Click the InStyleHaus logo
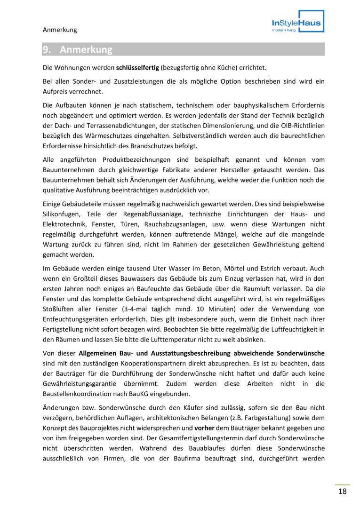coord(296,23)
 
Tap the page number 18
coord(342,492)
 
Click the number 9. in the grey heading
coord(47,49)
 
